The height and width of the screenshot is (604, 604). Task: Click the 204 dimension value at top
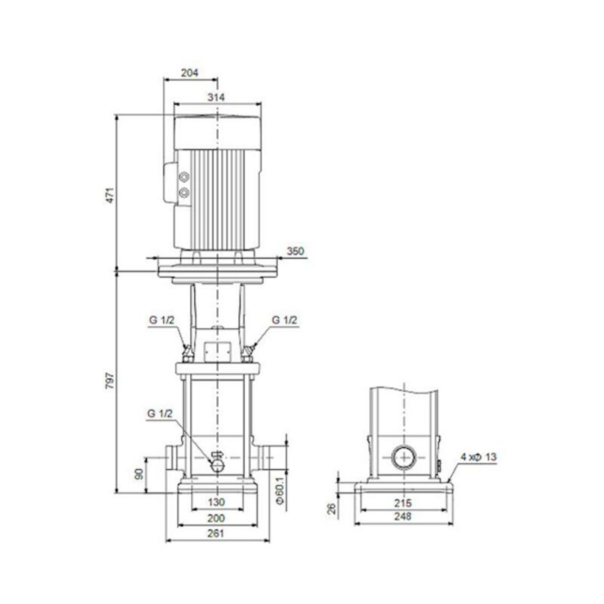click(x=191, y=74)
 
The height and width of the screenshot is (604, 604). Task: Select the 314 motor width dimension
click(x=215, y=97)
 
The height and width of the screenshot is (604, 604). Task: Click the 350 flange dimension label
click(x=296, y=252)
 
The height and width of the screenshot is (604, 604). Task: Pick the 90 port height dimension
click(x=140, y=474)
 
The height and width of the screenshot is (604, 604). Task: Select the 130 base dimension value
click(x=215, y=501)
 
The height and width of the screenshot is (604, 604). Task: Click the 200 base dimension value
click(x=215, y=518)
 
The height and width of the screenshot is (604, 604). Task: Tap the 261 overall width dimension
click(x=215, y=534)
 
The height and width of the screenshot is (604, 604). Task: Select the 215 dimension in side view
click(x=402, y=503)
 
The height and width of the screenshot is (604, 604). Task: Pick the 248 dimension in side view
click(x=402, y=517)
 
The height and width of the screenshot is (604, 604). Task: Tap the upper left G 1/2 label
click(x=162, y=320)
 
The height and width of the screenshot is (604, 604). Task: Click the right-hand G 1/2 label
click(x=285, y=320)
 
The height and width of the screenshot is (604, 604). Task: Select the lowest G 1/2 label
click(x=160, y=414)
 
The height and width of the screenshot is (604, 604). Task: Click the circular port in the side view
click(x=403, y=458)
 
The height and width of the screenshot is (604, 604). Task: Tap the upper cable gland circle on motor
click(x=184, y=178)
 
